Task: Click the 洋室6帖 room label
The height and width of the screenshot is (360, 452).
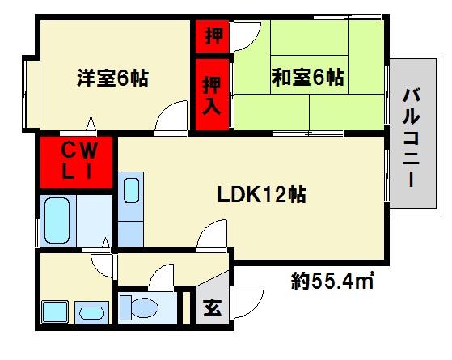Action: pyautogui.click(x=112, y=78)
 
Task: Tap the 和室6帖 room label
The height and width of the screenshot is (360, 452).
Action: pyautogui.click(x=307, y=78)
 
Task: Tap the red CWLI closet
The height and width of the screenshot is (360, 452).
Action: pyautogui.click(x=78, y=161)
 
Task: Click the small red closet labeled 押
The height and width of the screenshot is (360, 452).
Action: pyautogui.click(x=213, y=36)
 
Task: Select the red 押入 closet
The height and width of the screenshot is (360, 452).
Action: pyautogui.click(x=213, y=93)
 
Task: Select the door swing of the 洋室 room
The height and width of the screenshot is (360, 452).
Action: pyautogui.click(x=172, y=116)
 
